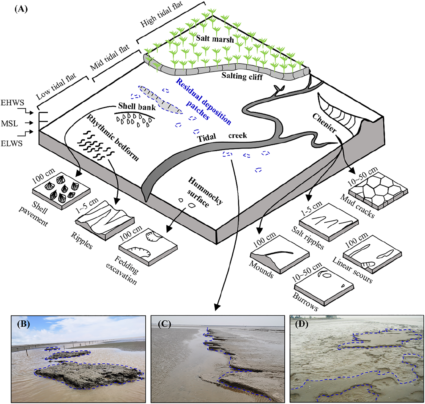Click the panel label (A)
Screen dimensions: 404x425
click(x=21, y=9)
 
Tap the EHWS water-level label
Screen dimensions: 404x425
click(x=12, y=103)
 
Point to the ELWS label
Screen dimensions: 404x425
click(x=11, y=143)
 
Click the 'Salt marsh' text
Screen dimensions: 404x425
click(x=215, y=39)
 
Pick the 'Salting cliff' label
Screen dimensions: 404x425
click(x=242, y=76)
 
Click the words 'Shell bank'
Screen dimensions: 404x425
click(x=137, y=107)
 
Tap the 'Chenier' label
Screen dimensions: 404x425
click(x=324, y=123)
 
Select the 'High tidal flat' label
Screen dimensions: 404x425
click(x=161, y=14)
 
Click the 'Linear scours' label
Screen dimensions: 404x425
click(x=352, y=270)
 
